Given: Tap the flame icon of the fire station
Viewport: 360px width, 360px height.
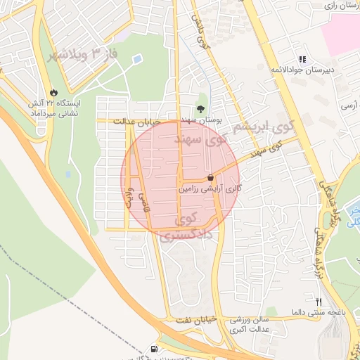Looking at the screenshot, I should [55, 91].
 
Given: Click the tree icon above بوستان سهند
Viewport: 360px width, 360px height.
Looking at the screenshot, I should [201, 109].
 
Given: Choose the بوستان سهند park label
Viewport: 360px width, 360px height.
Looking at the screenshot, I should [200, 121].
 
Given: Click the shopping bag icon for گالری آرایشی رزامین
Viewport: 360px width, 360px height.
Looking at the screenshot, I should [211, 179].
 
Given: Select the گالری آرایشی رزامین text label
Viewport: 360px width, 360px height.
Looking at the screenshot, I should [210, 189].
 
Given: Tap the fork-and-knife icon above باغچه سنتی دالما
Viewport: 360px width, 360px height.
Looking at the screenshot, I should [319, 301].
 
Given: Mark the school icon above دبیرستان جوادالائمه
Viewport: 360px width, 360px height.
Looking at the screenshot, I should [302, 60].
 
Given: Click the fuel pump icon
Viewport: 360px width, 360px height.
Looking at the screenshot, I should [154, 349].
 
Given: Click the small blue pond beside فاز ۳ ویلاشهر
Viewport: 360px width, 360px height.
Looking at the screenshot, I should [68, 173].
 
